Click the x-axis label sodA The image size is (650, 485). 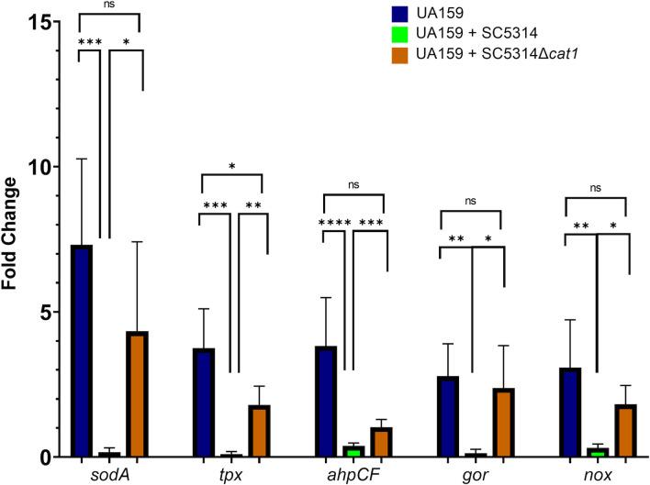[109, 473]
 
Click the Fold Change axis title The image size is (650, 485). [12, 239]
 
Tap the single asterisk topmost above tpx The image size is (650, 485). [230, 167]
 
